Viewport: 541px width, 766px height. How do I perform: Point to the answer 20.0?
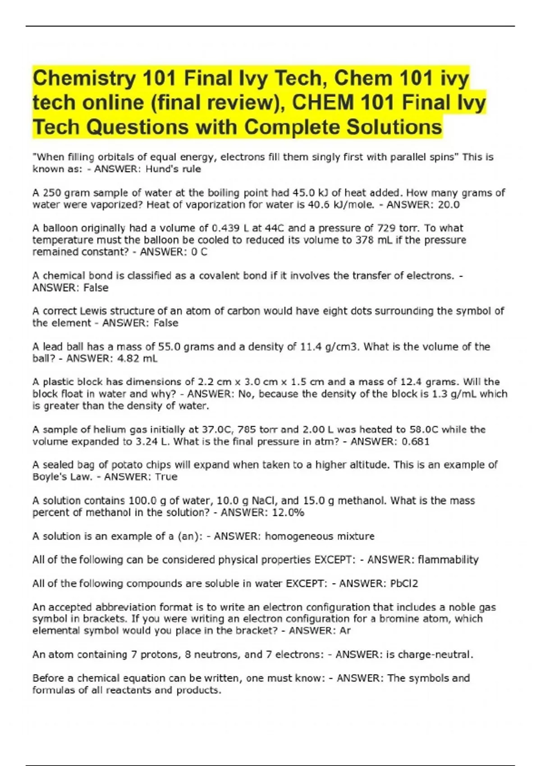click(449, 205)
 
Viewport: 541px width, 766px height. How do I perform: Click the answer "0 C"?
click(199, 252)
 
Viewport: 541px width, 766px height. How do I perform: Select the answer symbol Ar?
click(344, 630)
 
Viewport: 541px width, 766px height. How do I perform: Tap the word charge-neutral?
click(434, 654)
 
